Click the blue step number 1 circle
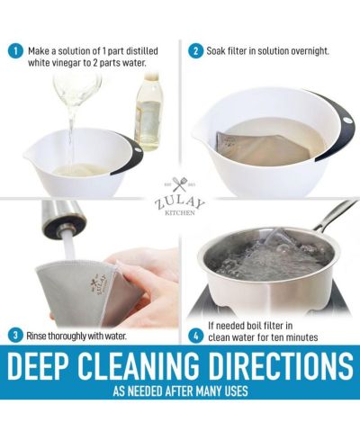pos(14,51)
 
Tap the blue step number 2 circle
pos(195,51)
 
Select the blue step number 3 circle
pos(14,336)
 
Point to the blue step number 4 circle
pos(195,337)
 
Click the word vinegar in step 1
pos(67,64)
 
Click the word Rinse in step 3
pos(36,336)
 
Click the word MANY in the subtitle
pos(208,391)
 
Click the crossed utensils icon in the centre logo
pos(180,184)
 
